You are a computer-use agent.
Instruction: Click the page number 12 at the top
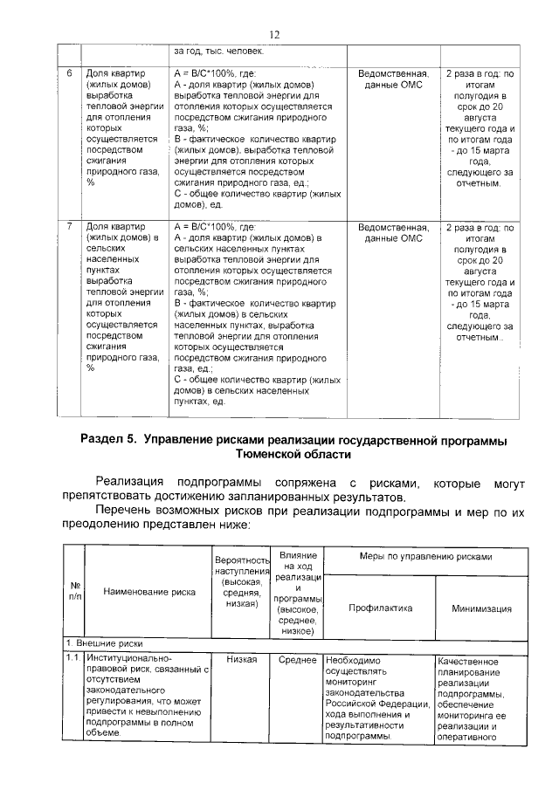[273, 34]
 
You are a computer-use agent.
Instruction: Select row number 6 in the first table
[70, 73]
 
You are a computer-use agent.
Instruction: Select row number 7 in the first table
[70, 226]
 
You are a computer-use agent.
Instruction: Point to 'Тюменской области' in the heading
[293, 455]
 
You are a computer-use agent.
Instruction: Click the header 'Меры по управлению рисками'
[425, 556]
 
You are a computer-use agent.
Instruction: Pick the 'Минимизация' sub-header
[481, 609]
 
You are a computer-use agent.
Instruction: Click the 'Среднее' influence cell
[297, 659]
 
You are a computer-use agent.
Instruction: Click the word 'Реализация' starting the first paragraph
[131, 482]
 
